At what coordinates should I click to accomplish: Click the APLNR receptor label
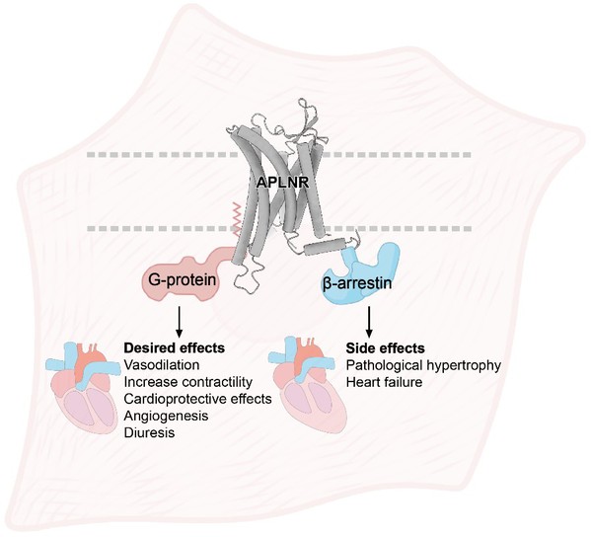(x=283, y=183)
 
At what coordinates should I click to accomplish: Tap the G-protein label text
(x=183, y=279)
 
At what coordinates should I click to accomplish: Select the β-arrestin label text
(x=357, y=283)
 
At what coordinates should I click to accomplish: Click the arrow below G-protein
(x=179, y=321)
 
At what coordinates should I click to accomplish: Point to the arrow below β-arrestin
(x=369, y=321)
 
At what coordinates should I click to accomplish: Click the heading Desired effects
(x=175, y=347)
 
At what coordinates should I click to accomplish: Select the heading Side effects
(x=385, y=347)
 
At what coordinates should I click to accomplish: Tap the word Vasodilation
(x=162, y=364)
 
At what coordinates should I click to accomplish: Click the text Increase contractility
(x=188, y=382)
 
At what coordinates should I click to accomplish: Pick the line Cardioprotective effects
(x=198, y=399)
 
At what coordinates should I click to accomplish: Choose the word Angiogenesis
(x=166, y=416)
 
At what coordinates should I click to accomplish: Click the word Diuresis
(x=150, y=432)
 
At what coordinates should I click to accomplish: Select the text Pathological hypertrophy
(x=423, y=365)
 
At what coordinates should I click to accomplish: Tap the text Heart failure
(x=384, y=382)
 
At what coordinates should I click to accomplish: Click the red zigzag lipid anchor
(x=237, y=219)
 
